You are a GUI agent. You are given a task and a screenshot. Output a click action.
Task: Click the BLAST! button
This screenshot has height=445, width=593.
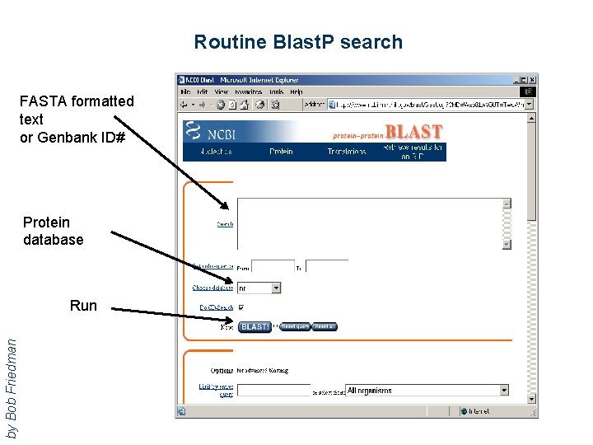point(254,327)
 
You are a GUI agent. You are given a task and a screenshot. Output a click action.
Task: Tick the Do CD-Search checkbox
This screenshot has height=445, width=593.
point(241,308)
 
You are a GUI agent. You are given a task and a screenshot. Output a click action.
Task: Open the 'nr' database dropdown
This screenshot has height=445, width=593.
point(259,288)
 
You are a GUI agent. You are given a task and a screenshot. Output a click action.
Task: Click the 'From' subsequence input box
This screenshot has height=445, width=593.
point(273,267)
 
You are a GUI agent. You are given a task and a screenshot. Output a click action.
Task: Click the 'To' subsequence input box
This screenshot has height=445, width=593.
point(326,267)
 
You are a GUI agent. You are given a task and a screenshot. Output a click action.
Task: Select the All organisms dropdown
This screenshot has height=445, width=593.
point(427,391)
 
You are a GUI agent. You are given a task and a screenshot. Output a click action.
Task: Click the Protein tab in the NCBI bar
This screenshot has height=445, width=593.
point(281,152)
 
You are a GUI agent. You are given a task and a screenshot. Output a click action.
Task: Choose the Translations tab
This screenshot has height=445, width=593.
point(346,152)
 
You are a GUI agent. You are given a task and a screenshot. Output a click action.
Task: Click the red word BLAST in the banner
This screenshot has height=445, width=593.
point(413,131)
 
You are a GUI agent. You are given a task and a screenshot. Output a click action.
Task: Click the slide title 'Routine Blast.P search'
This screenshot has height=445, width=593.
point(298,42)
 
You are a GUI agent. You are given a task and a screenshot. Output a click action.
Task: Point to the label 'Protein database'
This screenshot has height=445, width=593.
point(53,231)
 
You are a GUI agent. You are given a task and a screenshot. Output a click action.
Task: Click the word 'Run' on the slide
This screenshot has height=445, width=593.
point(83,306)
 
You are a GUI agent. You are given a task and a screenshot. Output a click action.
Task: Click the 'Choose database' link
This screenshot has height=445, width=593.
point(213,288)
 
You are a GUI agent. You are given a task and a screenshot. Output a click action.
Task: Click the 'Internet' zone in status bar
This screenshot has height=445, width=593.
point(478,410)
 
